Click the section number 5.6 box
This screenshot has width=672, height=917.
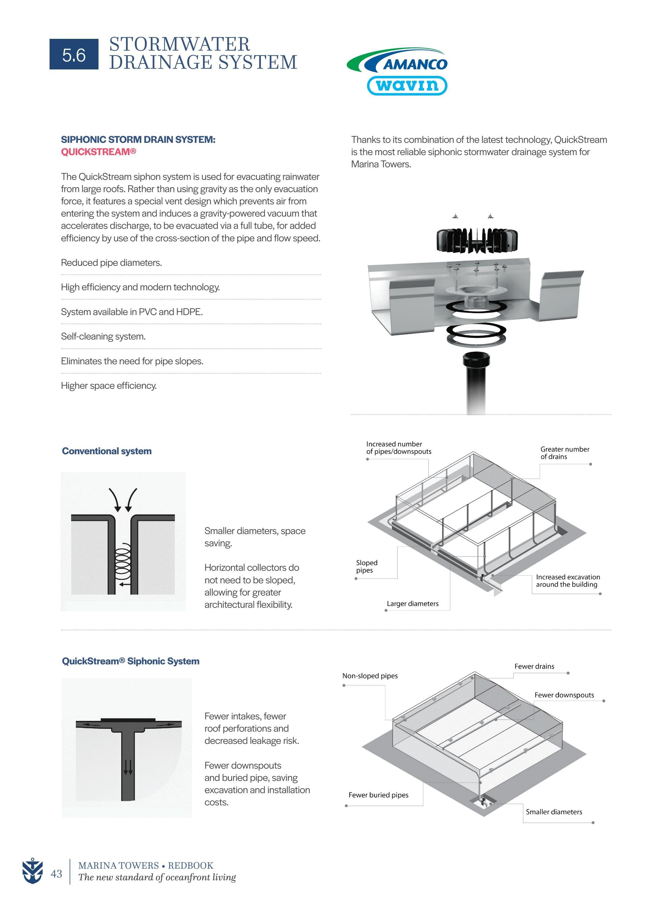click(x=74, y=54)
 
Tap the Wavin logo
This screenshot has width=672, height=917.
click(x=407, y=85)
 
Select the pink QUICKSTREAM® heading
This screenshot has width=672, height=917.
click(x=98, y=152)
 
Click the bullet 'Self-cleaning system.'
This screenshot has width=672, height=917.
click(x=103, y=336)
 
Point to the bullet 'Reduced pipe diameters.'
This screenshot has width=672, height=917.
click(x=111, y=263)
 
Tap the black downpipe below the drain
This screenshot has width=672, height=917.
click(x=476, y=382)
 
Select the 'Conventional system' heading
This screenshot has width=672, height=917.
click(x=106, y=451)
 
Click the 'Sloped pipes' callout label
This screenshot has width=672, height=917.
click(x=366, y=566)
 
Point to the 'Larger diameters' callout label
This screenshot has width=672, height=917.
click(x=413, y=603)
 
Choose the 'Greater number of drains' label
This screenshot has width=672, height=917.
click(x=565, y=453)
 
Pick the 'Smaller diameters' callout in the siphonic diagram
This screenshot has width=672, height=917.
click(x=554, y=812)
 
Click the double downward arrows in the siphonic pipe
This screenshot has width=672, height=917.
click(x=128, y=767)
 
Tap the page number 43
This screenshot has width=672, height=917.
click(x=56, y=874)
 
